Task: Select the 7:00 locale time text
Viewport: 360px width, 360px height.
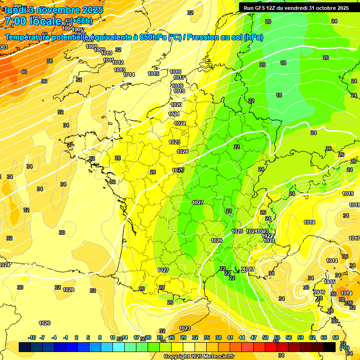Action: click(x=32, y=21)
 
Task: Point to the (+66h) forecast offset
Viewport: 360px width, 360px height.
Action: click(x=82, y=21)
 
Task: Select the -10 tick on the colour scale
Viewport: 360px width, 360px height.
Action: click(x=32, y=337)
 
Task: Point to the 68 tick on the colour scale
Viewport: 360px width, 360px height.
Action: click(x=336, y=337)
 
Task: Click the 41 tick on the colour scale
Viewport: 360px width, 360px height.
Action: click(x=230, y=337)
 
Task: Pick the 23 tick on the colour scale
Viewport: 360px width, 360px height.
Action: click(x=159, y=337)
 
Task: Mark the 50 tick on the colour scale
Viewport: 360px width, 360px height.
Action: click(x=265, y=337)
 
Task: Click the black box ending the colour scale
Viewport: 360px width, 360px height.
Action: click(x=330, y=347)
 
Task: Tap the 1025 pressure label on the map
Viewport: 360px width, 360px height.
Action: click(x=237, y=231)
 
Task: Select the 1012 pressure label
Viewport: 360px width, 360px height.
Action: click(x=118, y=62)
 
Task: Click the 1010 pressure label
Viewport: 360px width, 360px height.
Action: click(x=106, y=53)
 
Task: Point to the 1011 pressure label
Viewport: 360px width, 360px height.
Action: click(x=108, y=60)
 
